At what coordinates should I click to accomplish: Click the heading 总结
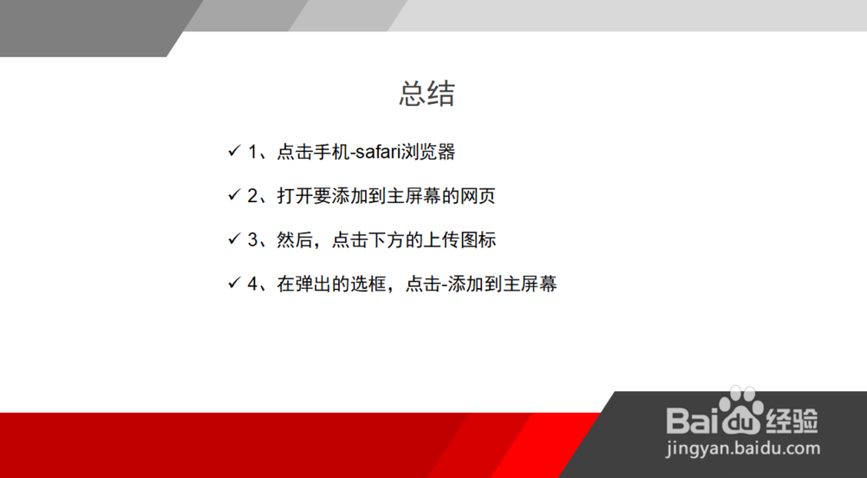pyautogui.click(x=427, y=94)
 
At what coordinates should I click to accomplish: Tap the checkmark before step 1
pyautogui.click(x=234, y=150)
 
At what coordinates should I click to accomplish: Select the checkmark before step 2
pyautogui.click(x=234, y=194)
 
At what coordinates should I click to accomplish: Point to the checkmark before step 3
pyautogui.click(x=234, y=239)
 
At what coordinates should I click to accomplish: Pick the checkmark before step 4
pyautogui.click(x=234, y=284)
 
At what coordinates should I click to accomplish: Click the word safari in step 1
pyautogui.click(x=377, y=152)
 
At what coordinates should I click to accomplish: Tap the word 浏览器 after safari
pyautogui.click(x=427, y=152)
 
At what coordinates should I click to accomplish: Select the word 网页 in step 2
pyautogui.click(x=477, y=196)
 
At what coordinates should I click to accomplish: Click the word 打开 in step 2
pyautogui.click(x=295, y=196)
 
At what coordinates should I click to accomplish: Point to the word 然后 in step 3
pyautogui.click(x=295, y=240)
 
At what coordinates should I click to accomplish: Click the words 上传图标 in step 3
pyautogui.click(x=460, y=240)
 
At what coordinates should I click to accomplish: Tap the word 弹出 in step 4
pyautogui.click(x=313, y=285)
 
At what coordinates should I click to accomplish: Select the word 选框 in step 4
pyautogui.click(x=368, y=285)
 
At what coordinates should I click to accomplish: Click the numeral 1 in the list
pyautogui.click(x=252, y=152)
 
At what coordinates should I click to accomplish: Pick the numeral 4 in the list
pyautogui.click(x=252, y=285)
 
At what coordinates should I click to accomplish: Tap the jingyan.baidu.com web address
pyautogui.click(x=743, y=449)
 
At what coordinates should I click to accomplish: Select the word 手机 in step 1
pyautogui.click(x=332, y=152)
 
